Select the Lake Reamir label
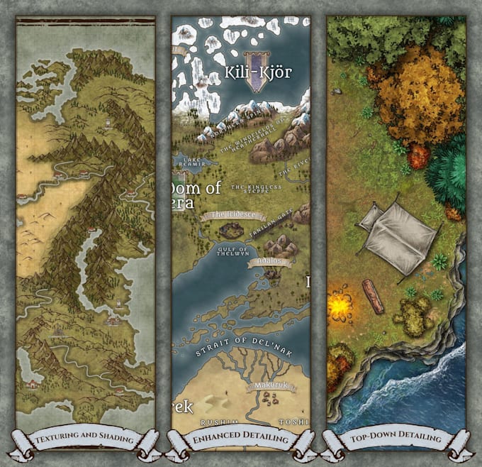193,161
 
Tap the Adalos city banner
270,263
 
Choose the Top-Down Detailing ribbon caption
395,440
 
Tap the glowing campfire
339,306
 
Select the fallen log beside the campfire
373,296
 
